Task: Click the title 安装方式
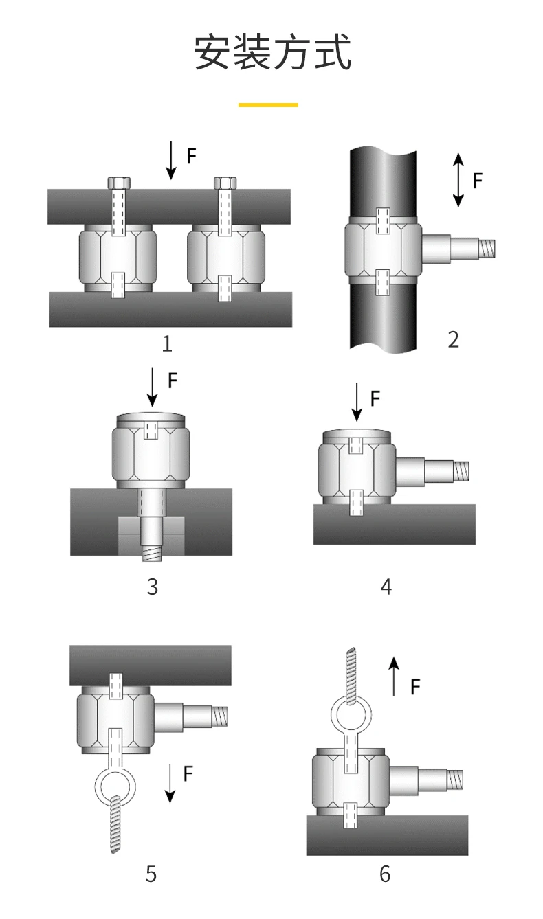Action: point(271,53)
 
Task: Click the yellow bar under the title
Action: point(268,105)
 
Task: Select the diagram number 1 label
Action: point(167,343)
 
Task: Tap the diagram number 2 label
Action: point(453,339)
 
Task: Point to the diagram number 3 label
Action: point(152,587)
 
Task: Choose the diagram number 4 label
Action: point(386,587)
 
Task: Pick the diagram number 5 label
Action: point(151,874)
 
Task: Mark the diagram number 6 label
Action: point(384,874)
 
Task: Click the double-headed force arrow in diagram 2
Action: point(458,180)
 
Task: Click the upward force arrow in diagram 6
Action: point(393,676)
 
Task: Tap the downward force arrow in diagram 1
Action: point(170,159)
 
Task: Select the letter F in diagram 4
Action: point(375,398)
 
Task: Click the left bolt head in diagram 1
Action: point(119,183)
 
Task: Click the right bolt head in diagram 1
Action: point(225,183)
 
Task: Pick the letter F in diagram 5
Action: point(188,774)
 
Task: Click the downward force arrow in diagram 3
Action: point(153,387)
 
